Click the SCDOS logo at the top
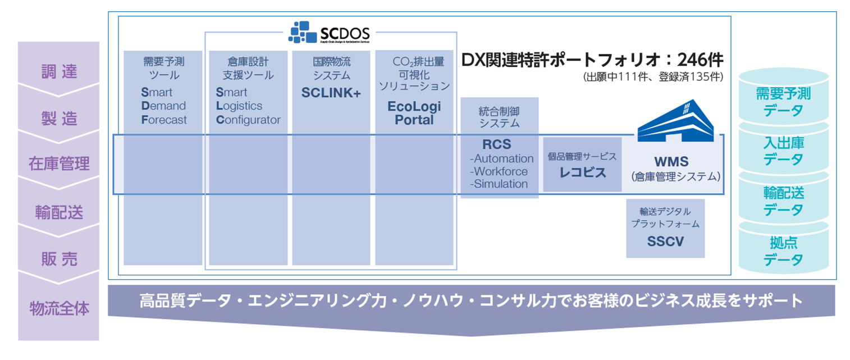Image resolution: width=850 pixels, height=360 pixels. click(x=330, y=33)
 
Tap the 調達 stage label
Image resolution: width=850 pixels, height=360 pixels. click(x=58, y=71)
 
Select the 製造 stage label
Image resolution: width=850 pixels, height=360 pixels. click(x=58, y=119)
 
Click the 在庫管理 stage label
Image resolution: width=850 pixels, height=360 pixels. click(x=58, y=164)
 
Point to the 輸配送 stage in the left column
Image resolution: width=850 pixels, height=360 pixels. click(x=58, y=212)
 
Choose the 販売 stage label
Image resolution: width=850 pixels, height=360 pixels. click(x=58, y=259)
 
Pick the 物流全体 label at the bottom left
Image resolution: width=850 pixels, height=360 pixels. click(x=58, y=308)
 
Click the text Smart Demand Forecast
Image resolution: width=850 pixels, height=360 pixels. click(x=163, y=106)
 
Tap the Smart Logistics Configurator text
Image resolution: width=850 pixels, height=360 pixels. click(x=248, y=106)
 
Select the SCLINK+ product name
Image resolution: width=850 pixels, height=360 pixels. click(x=331, y=93)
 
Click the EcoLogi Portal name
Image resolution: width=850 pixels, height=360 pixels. click(x=414, y=113)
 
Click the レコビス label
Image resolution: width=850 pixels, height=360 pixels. click(x=582, y=172)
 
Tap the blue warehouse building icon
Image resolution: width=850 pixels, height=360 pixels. click(x=675, y=120)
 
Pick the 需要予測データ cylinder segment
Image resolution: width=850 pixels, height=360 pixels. click(x=783, y=102)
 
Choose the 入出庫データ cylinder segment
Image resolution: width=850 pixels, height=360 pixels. click(x=783, y=151)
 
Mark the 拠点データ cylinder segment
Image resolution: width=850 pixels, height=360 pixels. click(x=783, y=251)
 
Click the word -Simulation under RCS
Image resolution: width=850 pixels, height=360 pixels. click(x=500, y=184)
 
